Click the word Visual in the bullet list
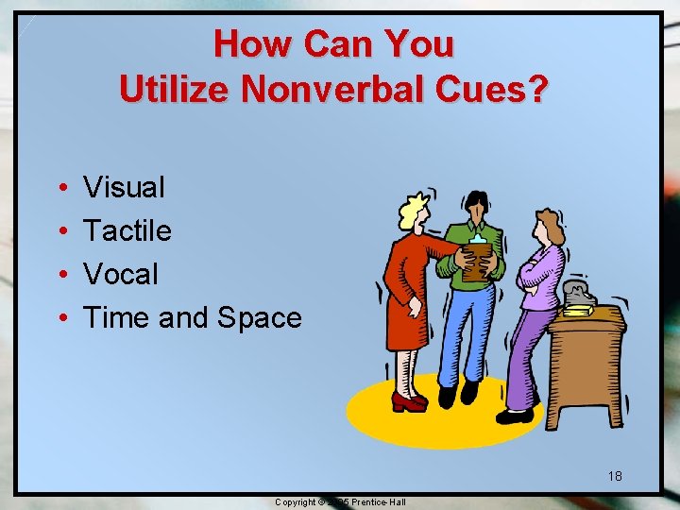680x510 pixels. pyautogui.click(x=124, y=187)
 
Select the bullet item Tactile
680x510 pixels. pyautogui.click(x=127, y=230)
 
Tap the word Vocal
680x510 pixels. pyautogui.click(x=121, y=274)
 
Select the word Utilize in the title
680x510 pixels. pyautogui.click(x=175, y=89)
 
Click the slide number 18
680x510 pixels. pyautogui.click(x=615, y=475)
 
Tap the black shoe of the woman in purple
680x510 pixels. pyautogui.click(x=515, y=415)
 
